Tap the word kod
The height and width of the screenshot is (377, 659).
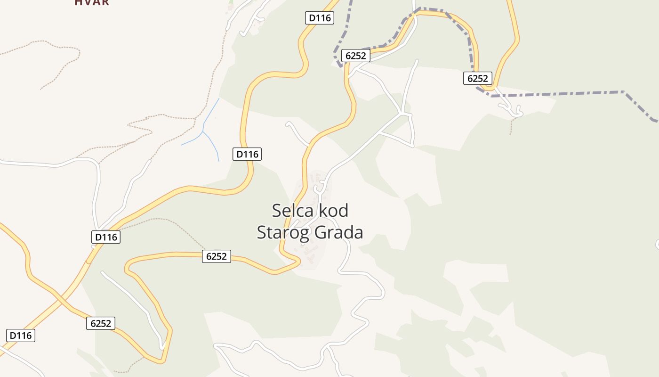(x=333, y=211)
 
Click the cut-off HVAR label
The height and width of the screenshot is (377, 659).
(x=92, y=2)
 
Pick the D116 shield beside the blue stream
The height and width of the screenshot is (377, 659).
(x=247, y=154)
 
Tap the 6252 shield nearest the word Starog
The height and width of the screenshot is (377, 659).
(x=217, y=256)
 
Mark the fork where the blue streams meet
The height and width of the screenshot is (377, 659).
(x=203, y=132)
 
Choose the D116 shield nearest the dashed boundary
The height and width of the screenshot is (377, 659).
(x=320, y=18)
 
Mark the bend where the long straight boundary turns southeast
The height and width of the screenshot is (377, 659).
(x=624, y=91)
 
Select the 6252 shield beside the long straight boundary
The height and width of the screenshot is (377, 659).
(x=478, y=78)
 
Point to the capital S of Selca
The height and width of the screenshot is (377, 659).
(x=277, y=211)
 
